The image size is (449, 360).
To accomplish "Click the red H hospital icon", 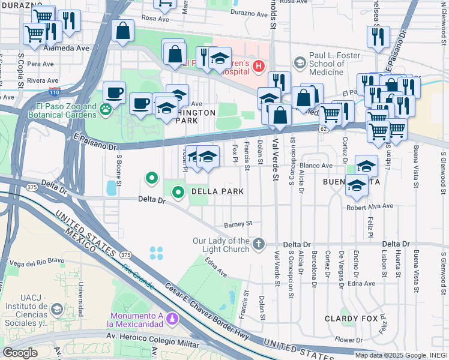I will [259, 65].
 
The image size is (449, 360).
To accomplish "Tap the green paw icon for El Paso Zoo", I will [106, 109].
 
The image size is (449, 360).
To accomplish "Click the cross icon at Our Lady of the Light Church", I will [258, 244].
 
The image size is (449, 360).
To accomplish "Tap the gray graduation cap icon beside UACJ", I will [56, 309].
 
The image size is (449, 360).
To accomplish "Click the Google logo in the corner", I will [20, 353].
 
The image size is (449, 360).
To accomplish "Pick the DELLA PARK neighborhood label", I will [217, 192].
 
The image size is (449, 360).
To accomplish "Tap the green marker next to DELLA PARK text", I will [178, 193].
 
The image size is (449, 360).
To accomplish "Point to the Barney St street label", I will [238, 224].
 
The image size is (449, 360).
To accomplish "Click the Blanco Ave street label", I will [316, 166].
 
